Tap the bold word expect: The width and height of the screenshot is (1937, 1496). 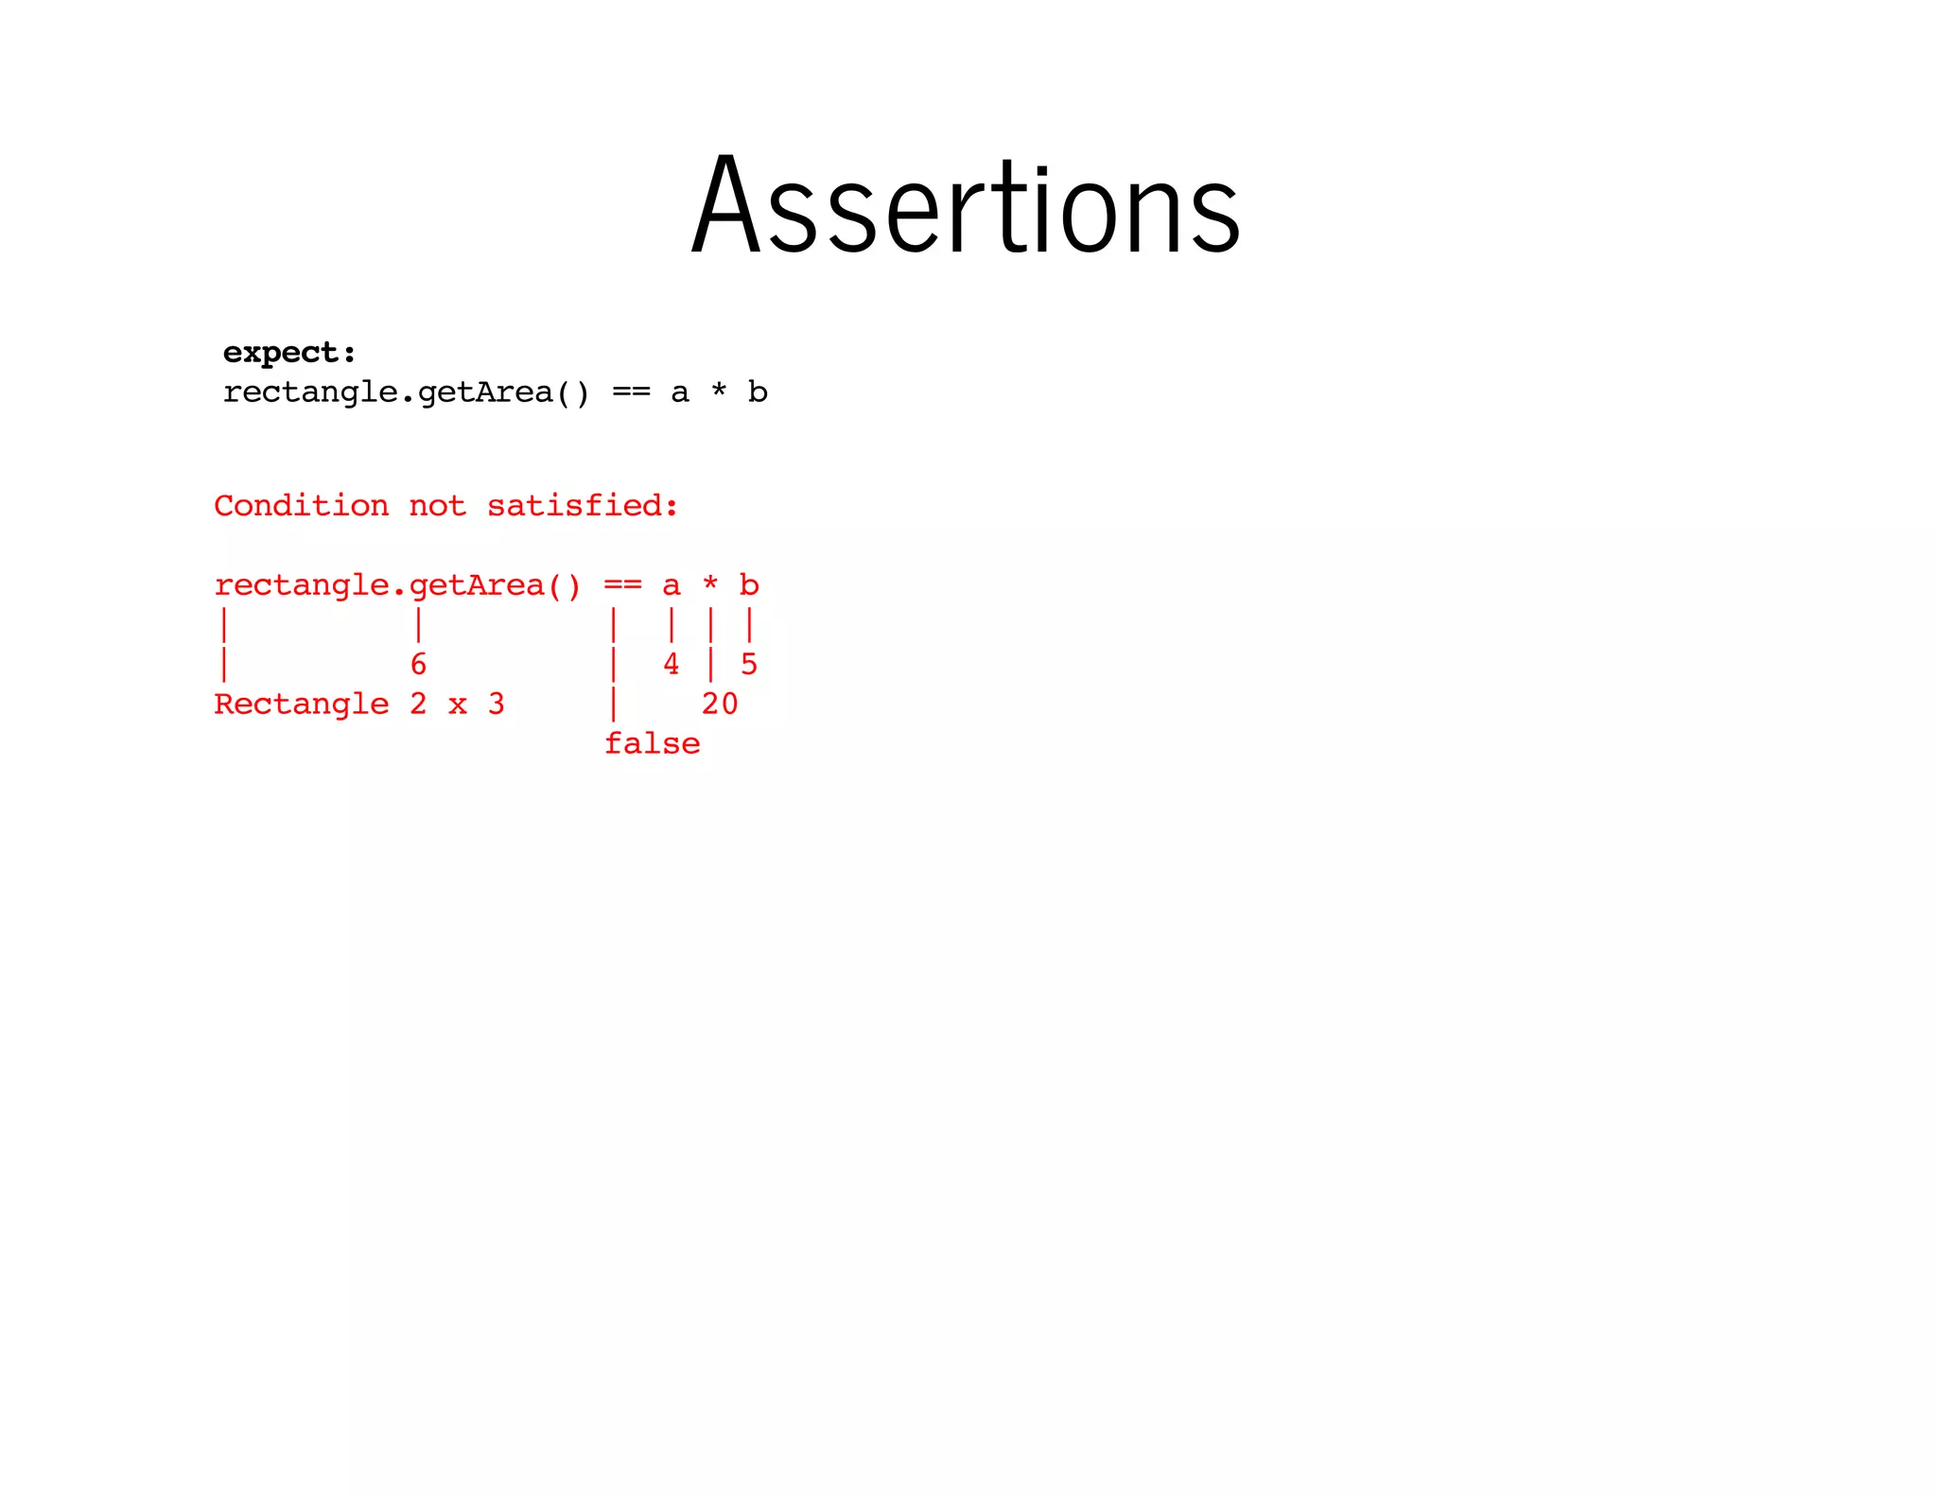click(289, 353)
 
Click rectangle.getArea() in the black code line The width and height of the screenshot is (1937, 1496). click(406, 392)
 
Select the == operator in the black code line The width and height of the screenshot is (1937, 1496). click(631, 392)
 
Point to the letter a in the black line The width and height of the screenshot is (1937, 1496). click(680, 393)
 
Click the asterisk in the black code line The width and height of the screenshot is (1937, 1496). click(719, 391)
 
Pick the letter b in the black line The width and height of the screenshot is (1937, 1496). click(758, 392)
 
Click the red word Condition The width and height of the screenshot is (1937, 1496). click(301, 506)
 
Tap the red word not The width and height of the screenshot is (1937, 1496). click(437, 507)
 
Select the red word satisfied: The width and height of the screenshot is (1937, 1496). click(583, 506)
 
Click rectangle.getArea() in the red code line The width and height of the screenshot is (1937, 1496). click(397, 586)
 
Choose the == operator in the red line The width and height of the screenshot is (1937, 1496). click(622, 586)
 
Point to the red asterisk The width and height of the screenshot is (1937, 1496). click(710, 584)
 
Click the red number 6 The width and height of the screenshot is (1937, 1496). click(418, 665)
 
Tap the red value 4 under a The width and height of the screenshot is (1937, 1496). click(671, 665)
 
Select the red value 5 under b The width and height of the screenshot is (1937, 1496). click(749, 665)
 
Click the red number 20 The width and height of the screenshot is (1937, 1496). click(720, 705)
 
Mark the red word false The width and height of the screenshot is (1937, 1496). click(652, 744)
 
